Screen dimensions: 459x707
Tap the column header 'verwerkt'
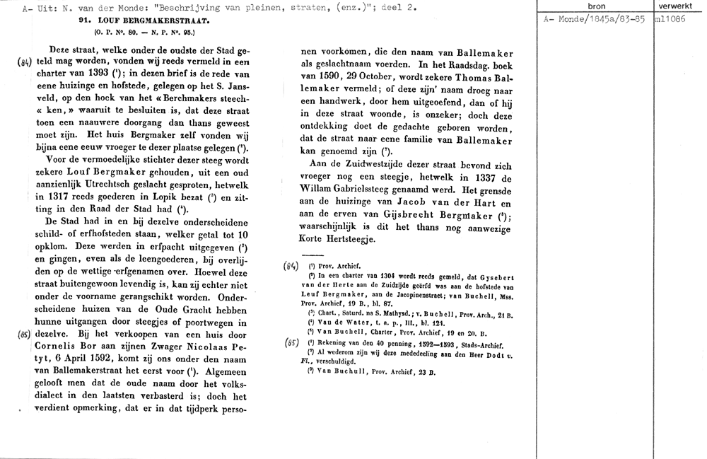point(679,6)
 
